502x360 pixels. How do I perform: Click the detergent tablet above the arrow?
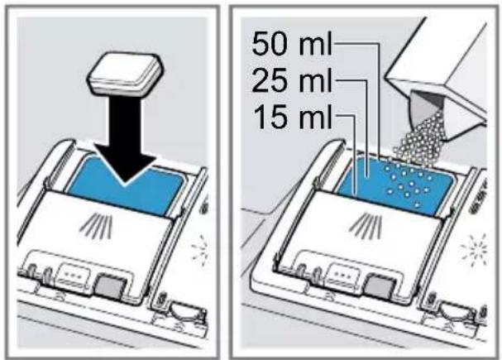click(x=125, y=74)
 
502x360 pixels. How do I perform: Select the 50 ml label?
click(x=292, y=44)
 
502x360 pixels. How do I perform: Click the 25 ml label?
click(x=292, y=81)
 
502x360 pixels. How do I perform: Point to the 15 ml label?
click(x=292, y=117)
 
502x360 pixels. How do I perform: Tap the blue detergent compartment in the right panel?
click(x=395, y=185)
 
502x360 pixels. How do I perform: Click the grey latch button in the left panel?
click(x=110, y=286)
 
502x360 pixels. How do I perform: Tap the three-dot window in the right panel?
click(x=345, y=276)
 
